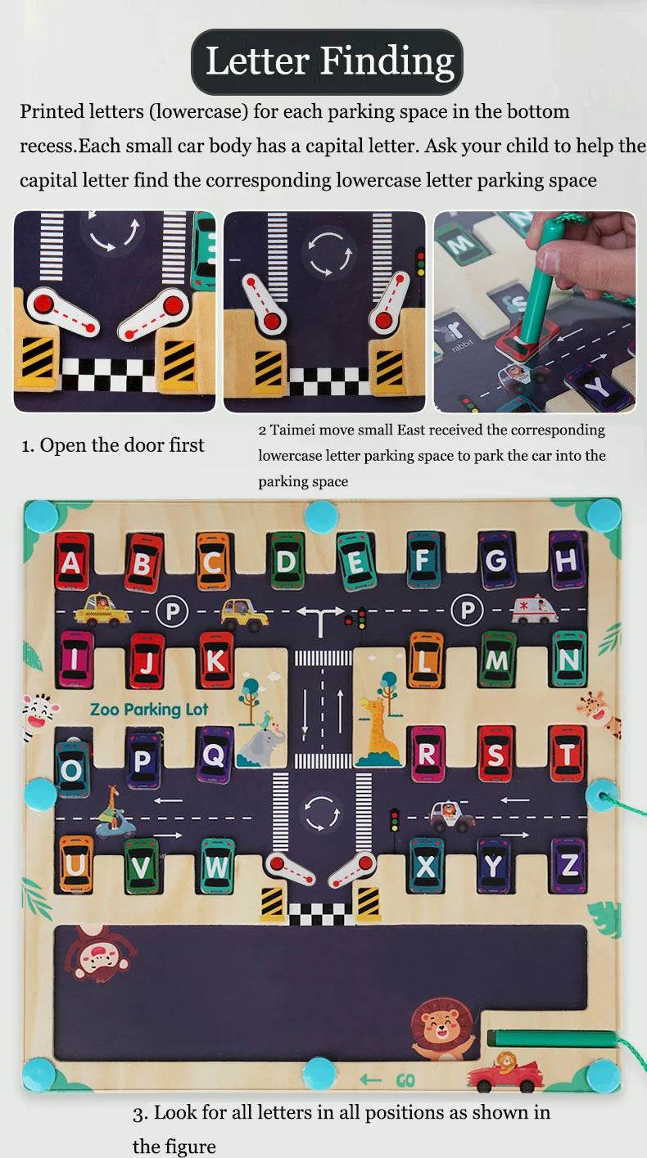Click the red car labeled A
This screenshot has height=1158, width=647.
pos(72,561)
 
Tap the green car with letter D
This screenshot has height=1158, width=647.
pos(286,561)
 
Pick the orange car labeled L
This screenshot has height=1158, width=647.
pos(426,659)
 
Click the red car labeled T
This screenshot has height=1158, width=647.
pos(567,753)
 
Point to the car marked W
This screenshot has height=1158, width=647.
pos(217,865)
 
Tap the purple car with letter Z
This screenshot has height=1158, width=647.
pos(568,865)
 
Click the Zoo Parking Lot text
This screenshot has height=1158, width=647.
pos(149,710)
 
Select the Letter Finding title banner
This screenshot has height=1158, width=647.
pos(328,62)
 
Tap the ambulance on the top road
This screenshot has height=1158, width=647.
pos(534,610)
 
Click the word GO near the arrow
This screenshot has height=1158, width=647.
pos(405,1080)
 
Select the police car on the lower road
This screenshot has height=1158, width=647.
pos(452,815)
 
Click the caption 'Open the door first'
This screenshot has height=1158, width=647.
pos(112,445)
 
